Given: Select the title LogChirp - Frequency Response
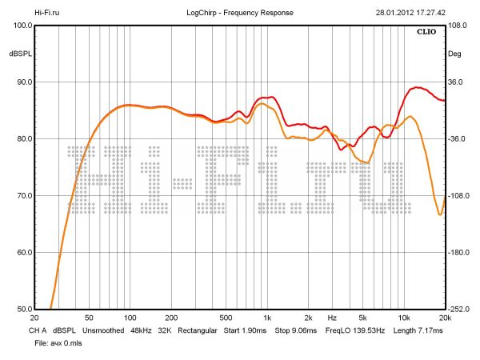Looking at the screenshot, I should (x=240, y=13).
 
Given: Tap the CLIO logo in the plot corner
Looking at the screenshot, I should (x=427, y=34).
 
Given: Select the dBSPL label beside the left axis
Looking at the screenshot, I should (x=20, y=54).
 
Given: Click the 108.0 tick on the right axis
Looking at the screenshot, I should (x=458, y=26).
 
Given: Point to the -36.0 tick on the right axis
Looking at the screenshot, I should (x=458, y=139).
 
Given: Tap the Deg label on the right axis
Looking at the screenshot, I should (x=455, y=54).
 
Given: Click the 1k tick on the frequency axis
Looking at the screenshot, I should (x=267, y=318).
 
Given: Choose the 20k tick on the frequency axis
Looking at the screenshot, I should (x=445, y=318).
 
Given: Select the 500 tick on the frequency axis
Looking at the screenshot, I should (x=226, y=318).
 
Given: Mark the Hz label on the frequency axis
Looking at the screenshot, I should (x=331, y=318).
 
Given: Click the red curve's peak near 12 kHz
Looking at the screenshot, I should (x=415, y=87).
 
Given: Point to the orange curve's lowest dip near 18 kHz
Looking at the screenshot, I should (x=439, y=214).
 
